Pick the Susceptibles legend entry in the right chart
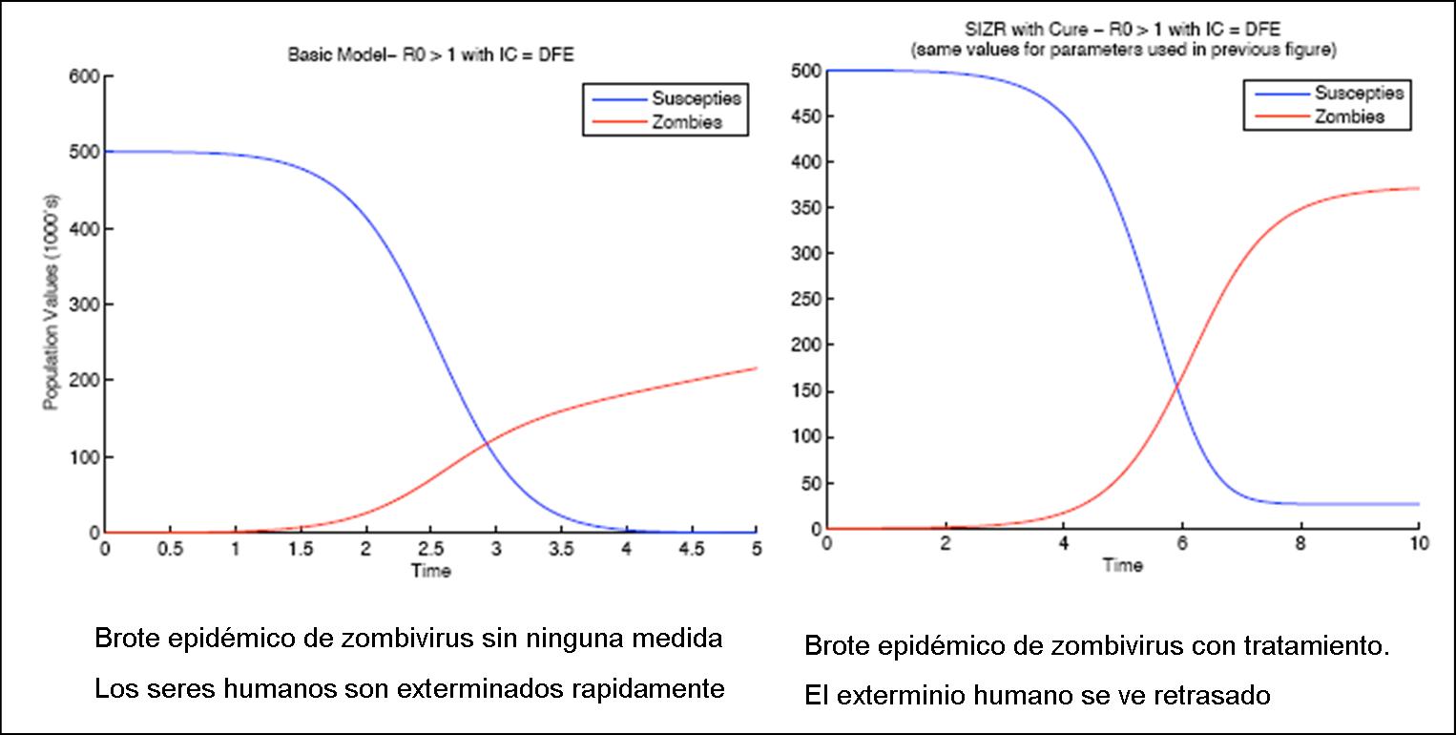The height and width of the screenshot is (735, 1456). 1359,94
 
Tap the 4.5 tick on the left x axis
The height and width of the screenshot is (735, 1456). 691,550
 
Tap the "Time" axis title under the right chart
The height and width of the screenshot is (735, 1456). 1122,565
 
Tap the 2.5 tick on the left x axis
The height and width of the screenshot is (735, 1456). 430,550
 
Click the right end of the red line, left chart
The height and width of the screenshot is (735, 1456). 756,368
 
